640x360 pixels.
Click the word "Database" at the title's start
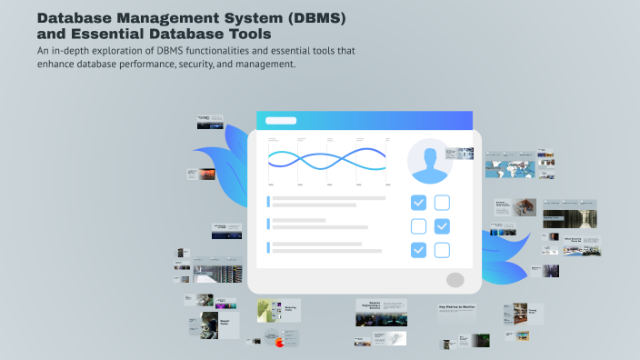click(81, 17)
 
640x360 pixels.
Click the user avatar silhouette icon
click(430, 162)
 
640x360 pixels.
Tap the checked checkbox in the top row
click(418, 203)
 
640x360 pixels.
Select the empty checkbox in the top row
click(442, 203)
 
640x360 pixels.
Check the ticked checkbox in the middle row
click(442, 226)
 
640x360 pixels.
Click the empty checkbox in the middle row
click(418, 226)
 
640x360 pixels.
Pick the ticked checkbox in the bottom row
click(418, 250)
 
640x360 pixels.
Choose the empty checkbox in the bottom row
click(442, 250)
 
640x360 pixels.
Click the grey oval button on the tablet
click(455, 280)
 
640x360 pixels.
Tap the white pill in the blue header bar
click(280, 120)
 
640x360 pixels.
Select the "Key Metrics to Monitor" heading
click(456, 308)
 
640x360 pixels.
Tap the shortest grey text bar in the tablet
click(299, 220)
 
